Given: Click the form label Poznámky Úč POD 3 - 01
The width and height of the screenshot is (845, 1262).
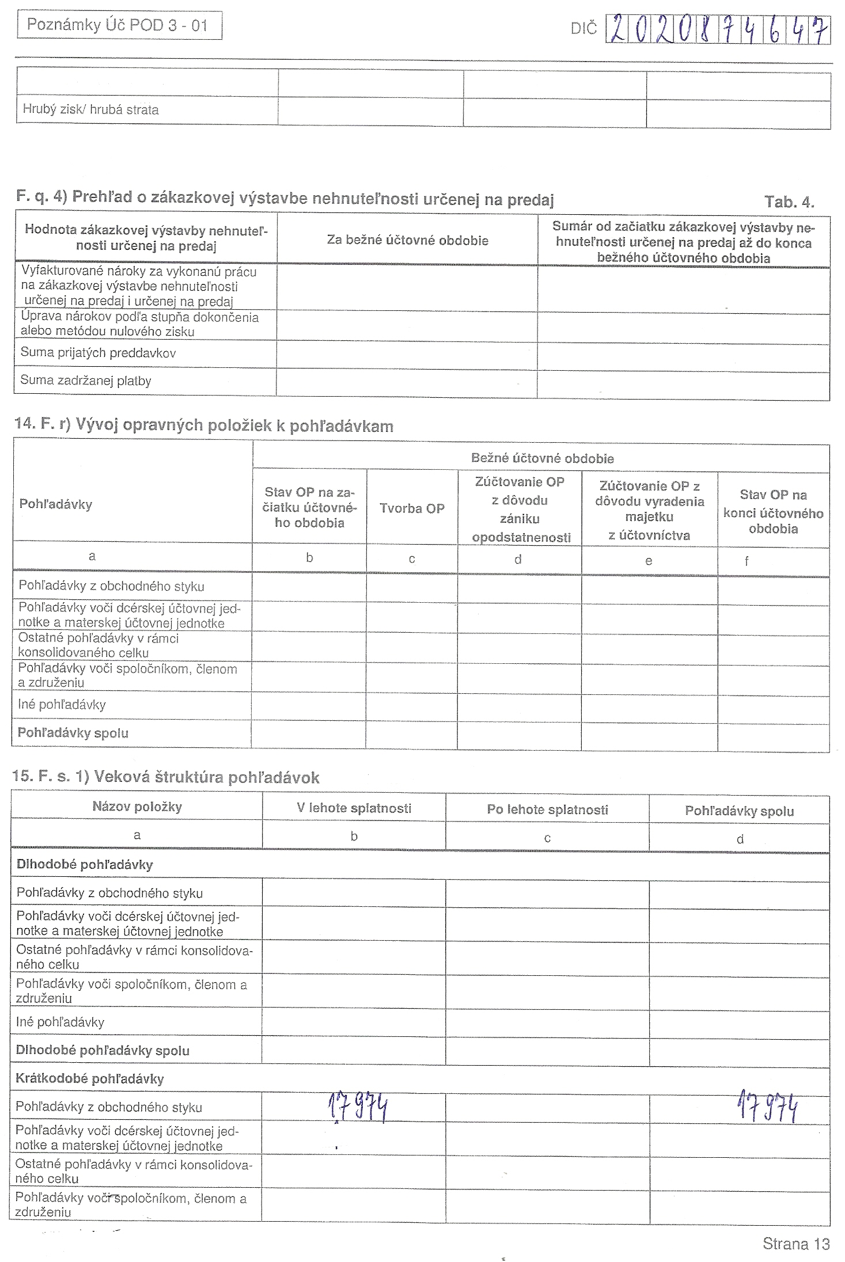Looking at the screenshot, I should pyautogui.click(x=118, y=26).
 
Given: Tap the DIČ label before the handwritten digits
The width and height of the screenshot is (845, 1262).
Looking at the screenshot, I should pyautogui.click(x=583, y=29).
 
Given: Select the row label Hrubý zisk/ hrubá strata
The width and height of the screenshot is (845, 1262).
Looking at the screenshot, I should pyautogui.click(x=90, y=109).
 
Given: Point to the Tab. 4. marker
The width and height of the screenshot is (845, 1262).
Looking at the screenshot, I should pyautogui.click(x=789, y=202).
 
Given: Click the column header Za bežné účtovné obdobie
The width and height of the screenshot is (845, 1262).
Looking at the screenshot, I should pyautogui.click(x=407, y=240).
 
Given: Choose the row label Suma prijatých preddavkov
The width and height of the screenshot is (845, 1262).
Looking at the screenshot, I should pyautogui.click(x=98, y=353).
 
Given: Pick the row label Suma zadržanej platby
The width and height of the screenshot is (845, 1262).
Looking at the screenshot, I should pyautogui.click(x=86, y=381).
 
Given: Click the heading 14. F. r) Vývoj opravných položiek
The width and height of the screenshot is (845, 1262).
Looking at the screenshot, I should pyautogui.click(x=204, y=426).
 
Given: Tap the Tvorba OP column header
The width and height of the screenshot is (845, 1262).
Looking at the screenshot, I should pyautogui.click(x=412, y=508).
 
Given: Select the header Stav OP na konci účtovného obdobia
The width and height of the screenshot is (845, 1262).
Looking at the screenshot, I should pyautogui.click(x=773, y=512).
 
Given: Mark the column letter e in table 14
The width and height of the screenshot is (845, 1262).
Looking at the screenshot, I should pyautogui.click(x=649, y=561).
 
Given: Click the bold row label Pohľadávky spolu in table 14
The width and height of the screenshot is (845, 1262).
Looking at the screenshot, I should pyautogui.click(x=73, y=733).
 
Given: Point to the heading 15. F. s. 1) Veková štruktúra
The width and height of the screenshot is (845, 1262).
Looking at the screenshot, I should pyautogui.click(x=166, y=778).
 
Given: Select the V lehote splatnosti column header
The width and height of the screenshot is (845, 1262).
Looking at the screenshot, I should pyautogui.click(x=354, y=808).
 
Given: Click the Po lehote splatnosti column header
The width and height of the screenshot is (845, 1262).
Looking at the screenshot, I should pyautogui.click(x=547, y=810).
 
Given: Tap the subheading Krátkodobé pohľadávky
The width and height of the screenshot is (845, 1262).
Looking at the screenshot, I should pyautogui.click(x=90, y=1079).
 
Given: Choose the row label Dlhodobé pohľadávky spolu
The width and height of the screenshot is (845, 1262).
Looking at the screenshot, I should pyautogui.click(x=103, y=1051).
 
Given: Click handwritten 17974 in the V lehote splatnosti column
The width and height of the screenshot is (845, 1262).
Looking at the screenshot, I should pyautogui.click(x=358, y=1107).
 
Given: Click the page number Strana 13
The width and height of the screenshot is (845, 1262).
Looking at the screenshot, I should pyautogui.click(x=795, y=1244).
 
